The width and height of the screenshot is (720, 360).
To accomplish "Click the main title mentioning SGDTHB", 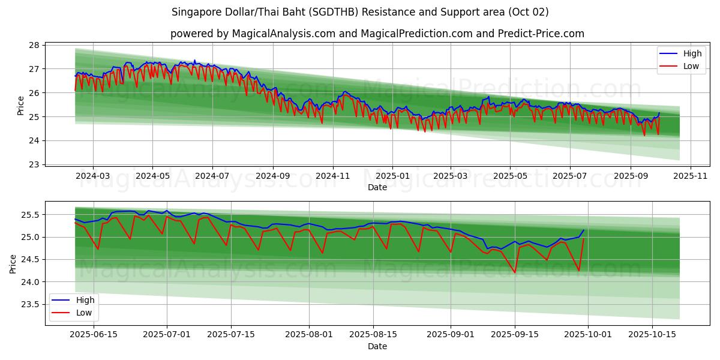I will (x=360, y=12).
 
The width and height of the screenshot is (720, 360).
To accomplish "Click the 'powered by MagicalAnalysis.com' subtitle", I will (x=377, y=34).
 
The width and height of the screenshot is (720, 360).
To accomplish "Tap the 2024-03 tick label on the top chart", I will (x=93, y=176).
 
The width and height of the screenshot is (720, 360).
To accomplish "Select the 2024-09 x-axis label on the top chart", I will (x=273, y=176).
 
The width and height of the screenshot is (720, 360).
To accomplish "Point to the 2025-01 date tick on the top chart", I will (x=392, y=176).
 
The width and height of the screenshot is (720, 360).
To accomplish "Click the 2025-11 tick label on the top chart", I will (x=691, y=176).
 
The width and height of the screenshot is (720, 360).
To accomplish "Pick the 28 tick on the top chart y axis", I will (x=34, y=45).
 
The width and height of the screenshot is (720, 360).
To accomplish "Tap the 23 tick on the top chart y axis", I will (x=34, y=164).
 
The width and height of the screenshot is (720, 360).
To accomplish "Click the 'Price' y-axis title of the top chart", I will (x=21, y=105).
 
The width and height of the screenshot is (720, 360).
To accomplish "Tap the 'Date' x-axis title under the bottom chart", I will (x=377, y=347).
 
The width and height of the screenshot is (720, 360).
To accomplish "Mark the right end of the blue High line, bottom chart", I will (x=583, y=230).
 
